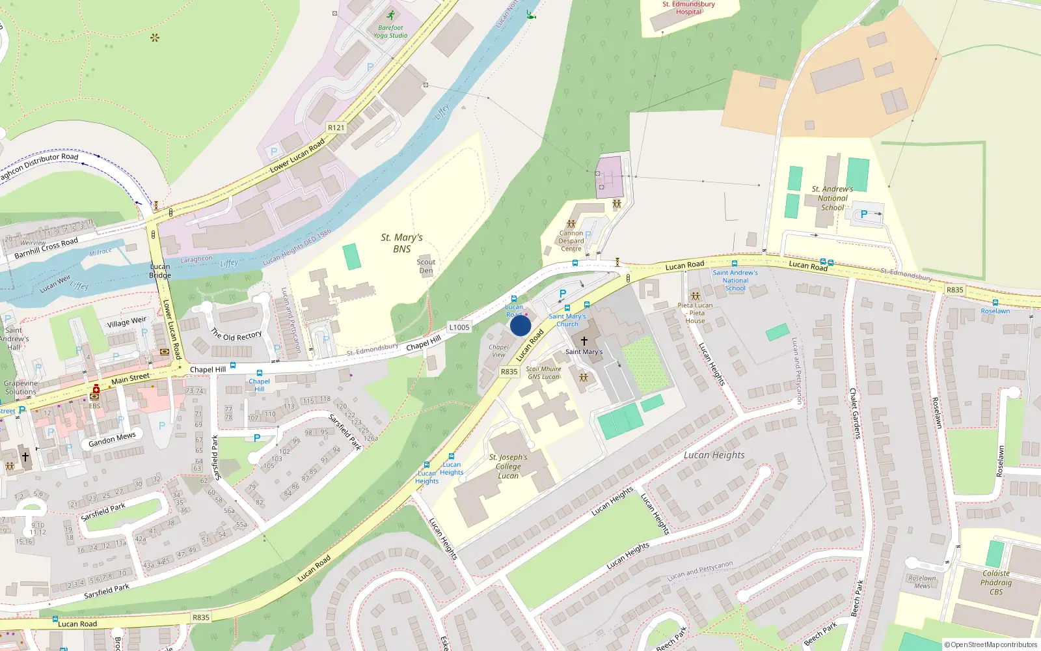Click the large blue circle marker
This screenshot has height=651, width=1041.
pos(520,325)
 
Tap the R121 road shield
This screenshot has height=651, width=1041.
pos(336,128)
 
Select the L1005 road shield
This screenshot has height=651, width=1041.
pos(459,327)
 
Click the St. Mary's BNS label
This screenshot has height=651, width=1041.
pos(401,243)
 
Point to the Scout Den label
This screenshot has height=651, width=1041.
pos(426,266)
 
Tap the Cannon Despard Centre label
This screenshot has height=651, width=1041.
pos(571,241)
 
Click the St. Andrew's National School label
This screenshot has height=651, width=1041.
pos(832,199)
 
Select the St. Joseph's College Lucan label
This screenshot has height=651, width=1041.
pos(508,466)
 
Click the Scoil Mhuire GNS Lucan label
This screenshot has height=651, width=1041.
pos(543,372)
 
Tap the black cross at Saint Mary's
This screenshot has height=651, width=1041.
pos(584,340)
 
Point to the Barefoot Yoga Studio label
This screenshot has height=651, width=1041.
pos(390,31)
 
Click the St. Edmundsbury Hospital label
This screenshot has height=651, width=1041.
pos(688,8)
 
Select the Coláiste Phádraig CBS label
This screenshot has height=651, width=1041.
pos(995,583)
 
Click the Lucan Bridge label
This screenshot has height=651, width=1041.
pos(160,271)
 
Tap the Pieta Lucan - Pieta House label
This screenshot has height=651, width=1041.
pos(695,313)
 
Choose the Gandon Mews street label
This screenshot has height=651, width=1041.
pos(112,440)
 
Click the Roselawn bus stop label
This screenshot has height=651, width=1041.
pos(995,311)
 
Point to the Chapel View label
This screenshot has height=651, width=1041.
pos(498,351)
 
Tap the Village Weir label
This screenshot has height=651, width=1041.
pos(127,322)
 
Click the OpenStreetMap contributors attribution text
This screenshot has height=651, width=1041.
pos(990,644)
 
